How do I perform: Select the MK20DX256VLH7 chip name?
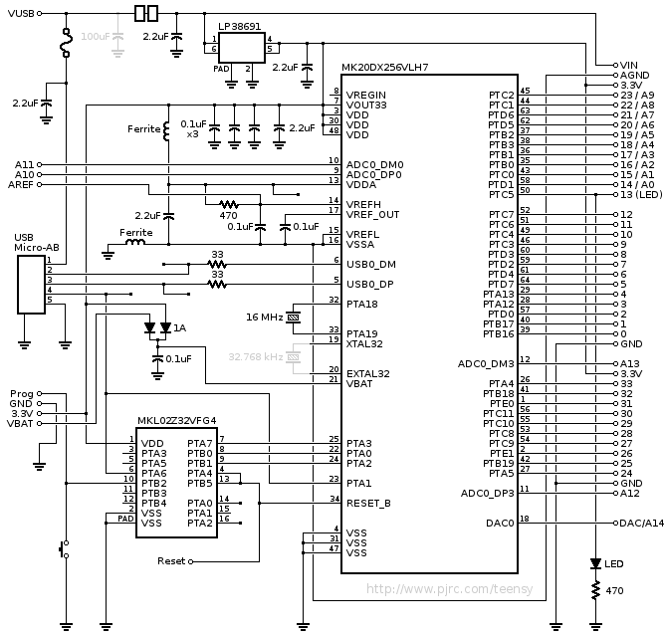pyautogui.click(x=385, y=67)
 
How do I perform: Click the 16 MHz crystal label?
pyautogui.click(x=264, y=317)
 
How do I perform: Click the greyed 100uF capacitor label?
pyautogui.click(x=96, y=36)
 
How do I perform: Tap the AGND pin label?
pyautogui.click(x=634, y=75)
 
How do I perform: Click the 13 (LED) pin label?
pyautogui.click(x=640, y=194)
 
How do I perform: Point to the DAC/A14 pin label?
pyautogui.click(x=642, y=522)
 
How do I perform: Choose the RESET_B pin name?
pyautogui.click(x=369, y=503)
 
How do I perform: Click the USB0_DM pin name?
pyautogui.click(x=371, y=264)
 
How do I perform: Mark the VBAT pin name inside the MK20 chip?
pyautogui.click(x=359, y=383)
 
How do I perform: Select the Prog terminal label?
pyautogui.click(x=20, y=393)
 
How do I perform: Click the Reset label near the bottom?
pyautogui.click(x=171, y=561)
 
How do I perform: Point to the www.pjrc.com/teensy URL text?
pyautogui.click(x=450, y=588)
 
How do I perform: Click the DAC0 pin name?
pyautogui.click(x=501, y=522)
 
